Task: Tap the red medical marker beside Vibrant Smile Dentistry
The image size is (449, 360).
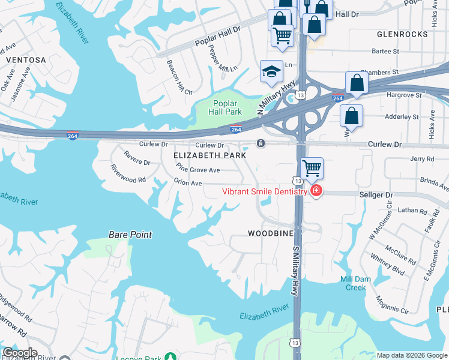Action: pos(316,191)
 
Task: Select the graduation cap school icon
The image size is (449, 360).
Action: pos(271,71)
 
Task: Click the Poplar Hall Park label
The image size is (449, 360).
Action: pos(225,107)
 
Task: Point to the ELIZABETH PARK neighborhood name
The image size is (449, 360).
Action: pos(209,155)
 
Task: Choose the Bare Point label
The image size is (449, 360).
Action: pos(130,235)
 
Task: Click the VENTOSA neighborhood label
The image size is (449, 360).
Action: pos(26,60)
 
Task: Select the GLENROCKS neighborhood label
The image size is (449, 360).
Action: pos(403,34)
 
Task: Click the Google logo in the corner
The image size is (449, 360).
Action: pos(19,353)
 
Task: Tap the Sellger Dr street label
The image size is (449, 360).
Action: pos(376,196)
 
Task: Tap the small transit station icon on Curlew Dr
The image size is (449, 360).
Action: pos(261,143)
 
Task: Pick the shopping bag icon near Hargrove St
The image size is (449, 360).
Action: pos(357,84)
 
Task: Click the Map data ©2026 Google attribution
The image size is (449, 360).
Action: pos(411,355)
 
